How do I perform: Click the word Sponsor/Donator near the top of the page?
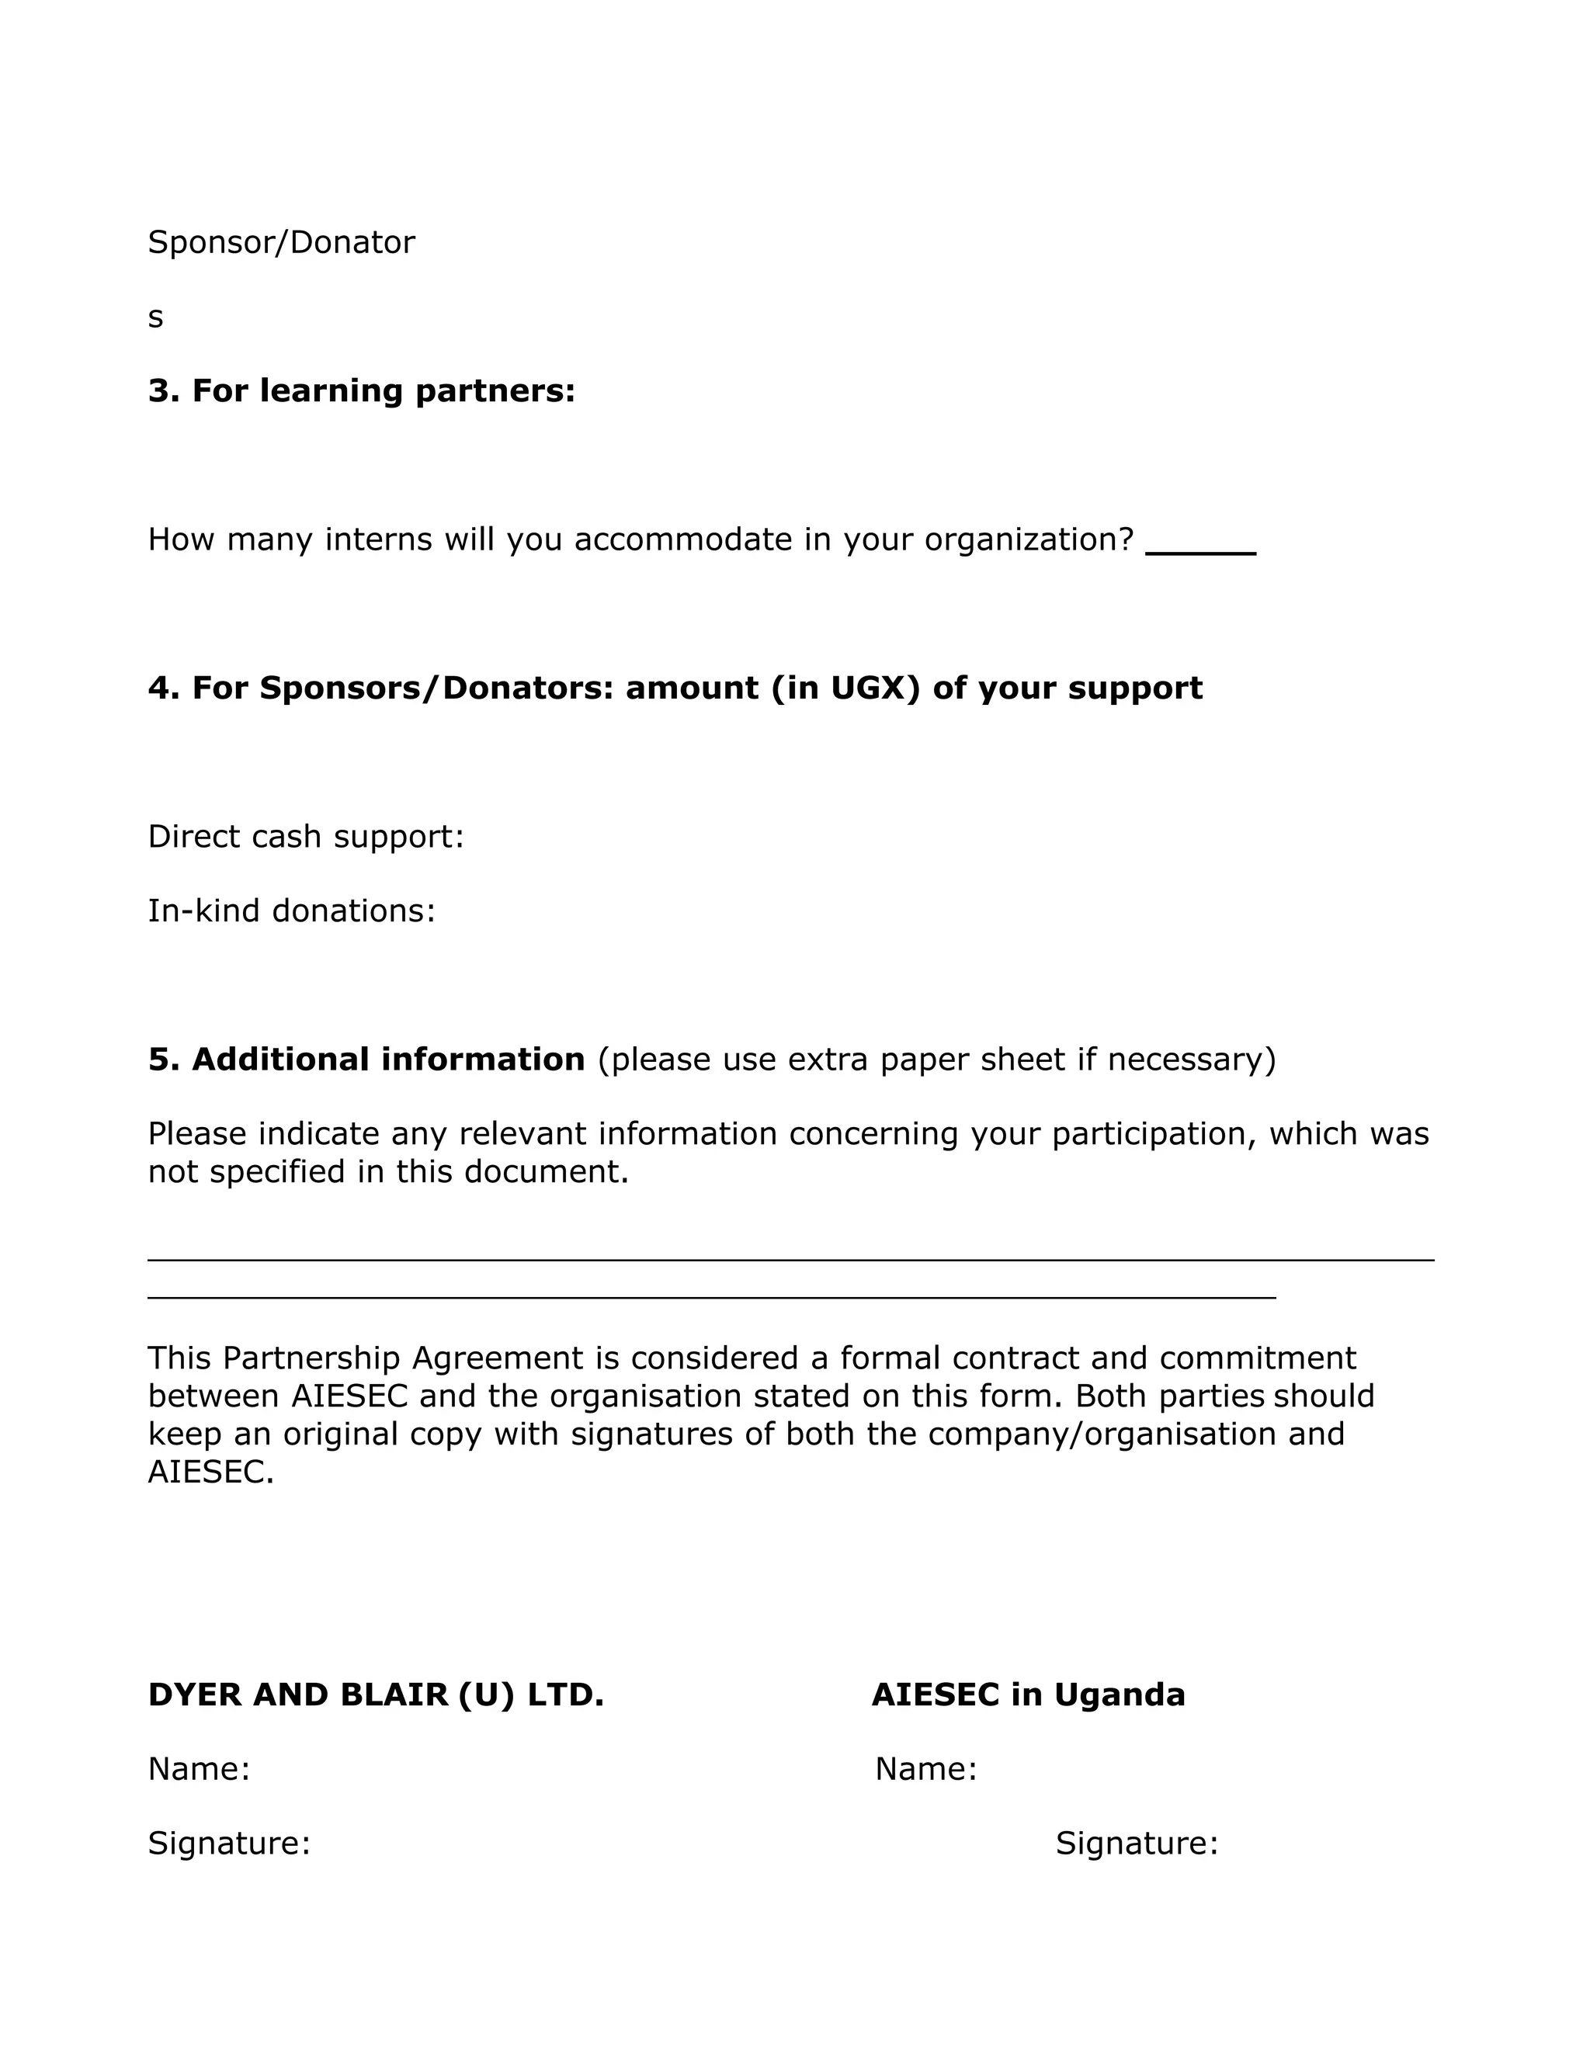coord(281,242)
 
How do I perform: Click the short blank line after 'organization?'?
coord(1200,551)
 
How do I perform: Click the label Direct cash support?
coord(305,836)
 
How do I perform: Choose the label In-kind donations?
coord(291,911)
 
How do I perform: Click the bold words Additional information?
coord(388,1060)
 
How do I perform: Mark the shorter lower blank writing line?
coord(711,1298)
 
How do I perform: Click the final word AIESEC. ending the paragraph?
coord(211,1472)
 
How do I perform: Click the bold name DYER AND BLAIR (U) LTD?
coord(375,1695)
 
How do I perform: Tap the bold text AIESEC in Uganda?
coord(1028,1695)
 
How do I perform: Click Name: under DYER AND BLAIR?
coord(199,1769)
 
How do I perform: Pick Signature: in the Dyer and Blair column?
coord(229,1844)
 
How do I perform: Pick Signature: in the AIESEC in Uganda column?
coord(1136,1844)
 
